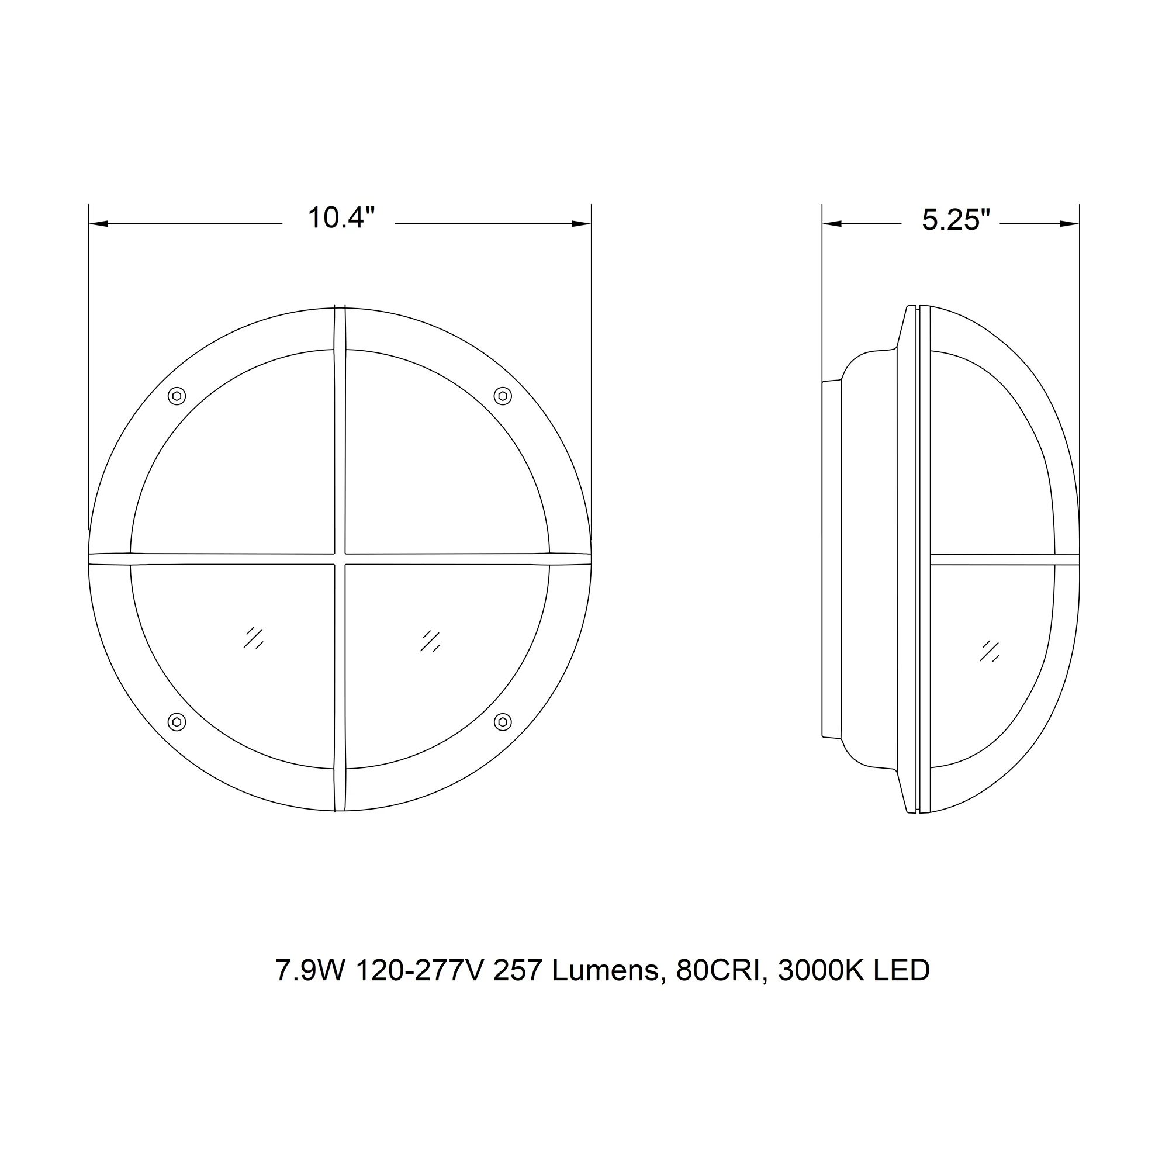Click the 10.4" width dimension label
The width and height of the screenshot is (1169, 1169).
point(341,218)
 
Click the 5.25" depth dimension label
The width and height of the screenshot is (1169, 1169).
point(956,220)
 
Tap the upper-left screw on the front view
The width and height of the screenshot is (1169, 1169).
point(177,396)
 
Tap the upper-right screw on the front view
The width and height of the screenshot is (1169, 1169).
point(503,396)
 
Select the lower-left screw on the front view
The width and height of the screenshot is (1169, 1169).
point(177,722)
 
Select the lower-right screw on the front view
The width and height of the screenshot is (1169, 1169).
point(503,722)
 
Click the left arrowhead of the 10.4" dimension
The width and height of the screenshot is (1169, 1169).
point(99,224)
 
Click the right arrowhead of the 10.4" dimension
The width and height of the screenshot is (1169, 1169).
point(582,224)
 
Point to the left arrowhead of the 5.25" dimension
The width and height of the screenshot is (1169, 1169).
point(832,224)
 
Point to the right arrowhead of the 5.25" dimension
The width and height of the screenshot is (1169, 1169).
point(1069,224)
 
